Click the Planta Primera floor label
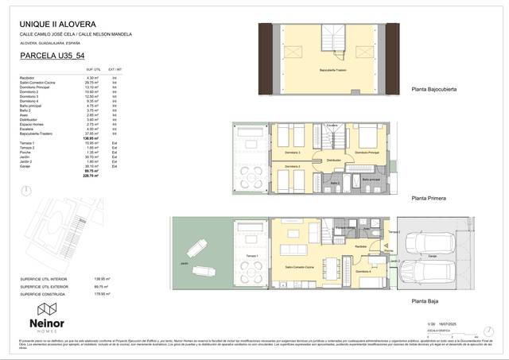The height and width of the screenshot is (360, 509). click(x=428, y=199)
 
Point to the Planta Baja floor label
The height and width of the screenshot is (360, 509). click(x=425, y=300)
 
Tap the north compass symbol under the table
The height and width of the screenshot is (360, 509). click(x=30, y=189)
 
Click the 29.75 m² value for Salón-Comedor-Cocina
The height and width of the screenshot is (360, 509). click(x=91, y=82)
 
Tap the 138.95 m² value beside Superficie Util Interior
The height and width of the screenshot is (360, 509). click(x=101, y=279)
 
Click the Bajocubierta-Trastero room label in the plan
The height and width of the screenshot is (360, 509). click(x=331, y=70)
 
